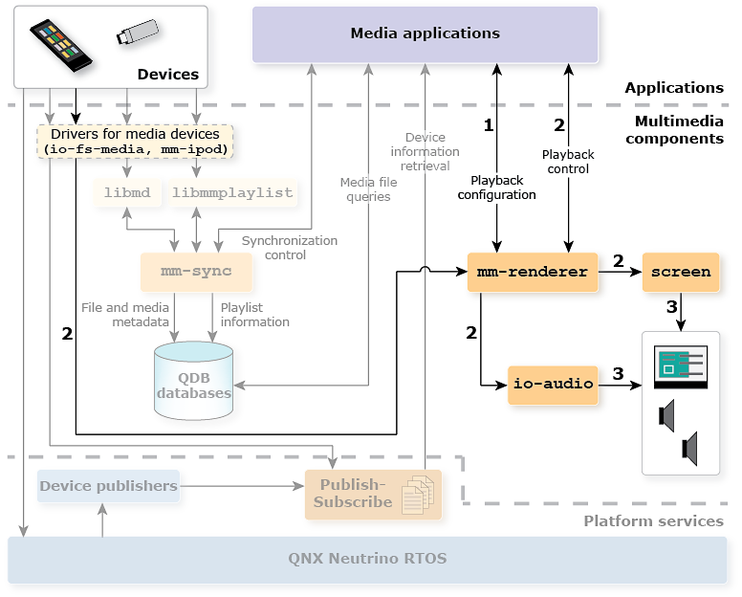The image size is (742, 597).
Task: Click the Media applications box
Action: pyautogui.click(x=425, y=34)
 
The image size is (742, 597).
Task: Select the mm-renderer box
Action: pyautogui.click(x=532, y=272)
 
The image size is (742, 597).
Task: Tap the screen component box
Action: pyautogui.click(x=681, y=272)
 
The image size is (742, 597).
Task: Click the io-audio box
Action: pyautogui.click(x=553, y=384)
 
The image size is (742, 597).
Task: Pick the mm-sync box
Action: pyautogui.click(x=196, y=272)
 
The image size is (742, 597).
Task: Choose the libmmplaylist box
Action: pyautogui.click(x=232, y=192)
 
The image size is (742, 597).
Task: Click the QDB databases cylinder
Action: pyautogui.click(x=193, y=383)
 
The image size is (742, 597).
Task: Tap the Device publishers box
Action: pyautogui.click(x=108, y=486)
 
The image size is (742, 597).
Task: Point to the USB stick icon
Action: pyautogui.click(x=138, y=33)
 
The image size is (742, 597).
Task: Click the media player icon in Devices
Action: pyautogui.click(x=61, y=45)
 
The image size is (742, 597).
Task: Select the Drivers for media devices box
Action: pyautogui.click(x=135, y=142)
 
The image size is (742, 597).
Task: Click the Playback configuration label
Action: pyautogui.click(x=496, y=188)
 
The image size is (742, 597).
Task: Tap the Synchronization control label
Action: pyautogui.click(x=289, y=248)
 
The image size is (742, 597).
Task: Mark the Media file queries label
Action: pyautogui.click(x=368, y=189)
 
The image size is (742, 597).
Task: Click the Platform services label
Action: pyautogui.click(x=653, y=521)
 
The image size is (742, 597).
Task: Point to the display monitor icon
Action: pyautogui.click(x=680, y=368)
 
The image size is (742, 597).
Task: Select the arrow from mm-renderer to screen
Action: pyautogui.click(x=620, y=272)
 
